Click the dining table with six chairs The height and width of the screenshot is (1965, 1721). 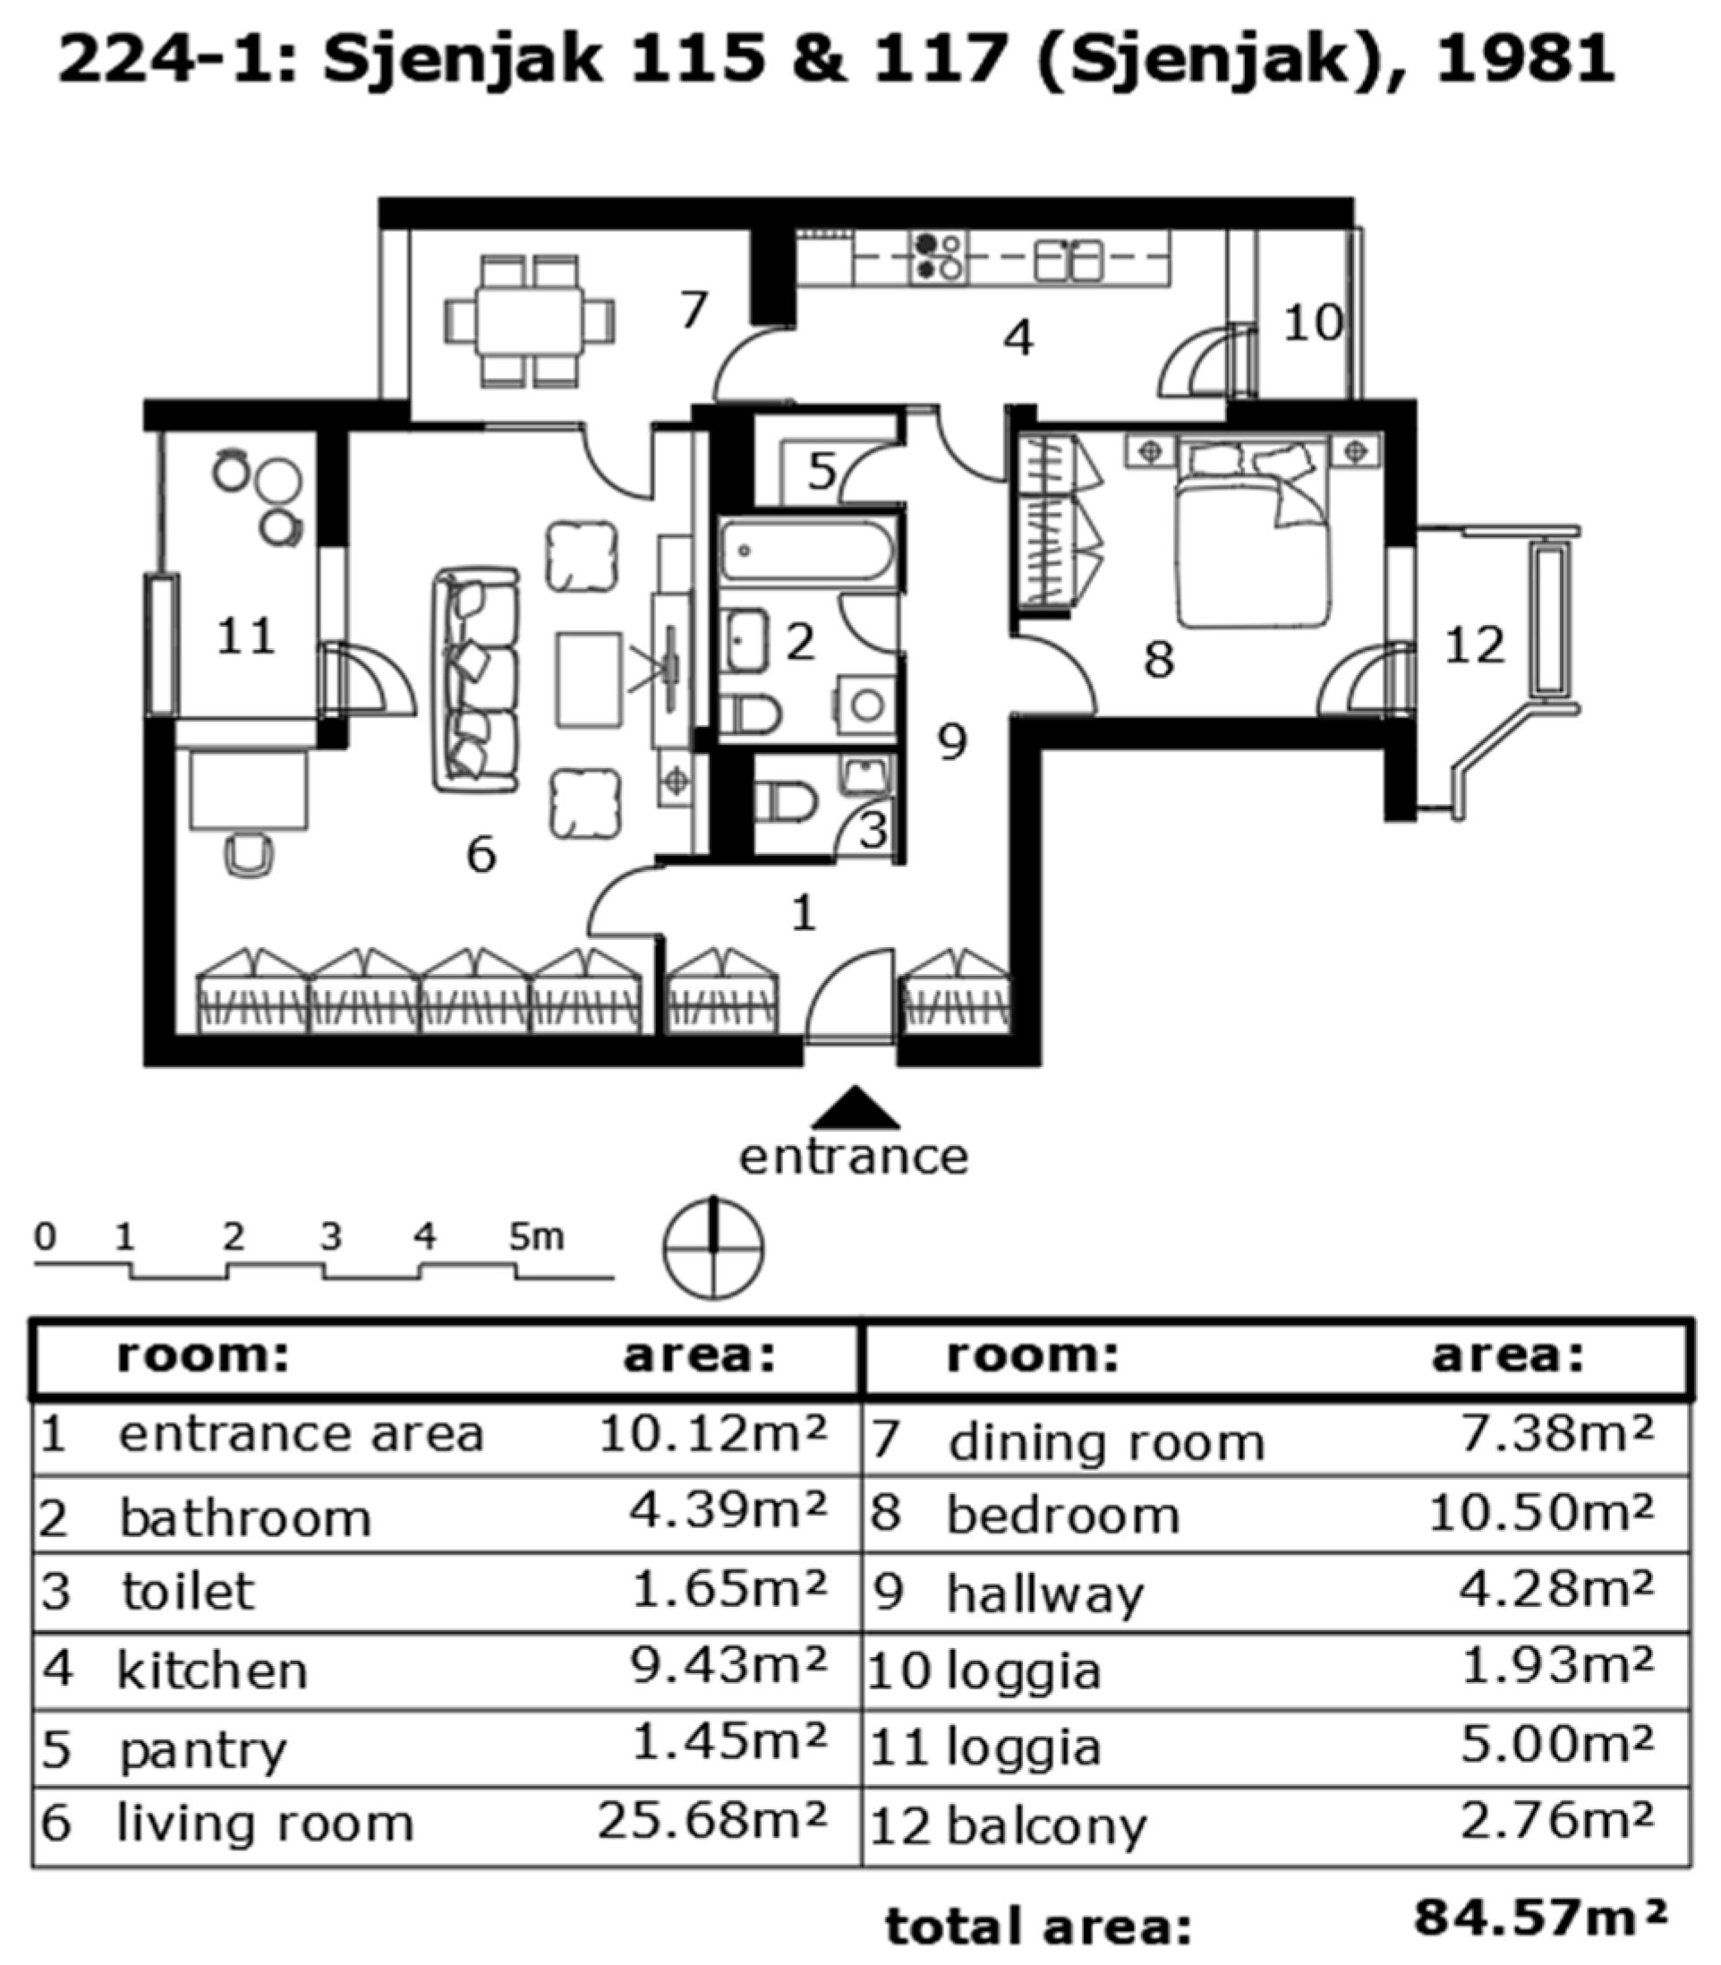coord(529,320)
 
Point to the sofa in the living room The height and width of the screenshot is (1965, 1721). coord(476,680)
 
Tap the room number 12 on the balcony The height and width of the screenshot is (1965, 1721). coord(1473,645)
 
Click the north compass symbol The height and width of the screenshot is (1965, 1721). coord(712,1249)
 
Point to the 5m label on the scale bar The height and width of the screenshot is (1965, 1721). coord(536,1237)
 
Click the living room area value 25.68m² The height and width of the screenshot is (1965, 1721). coord(711,1820)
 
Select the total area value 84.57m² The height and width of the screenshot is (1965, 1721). coord(1540,1918)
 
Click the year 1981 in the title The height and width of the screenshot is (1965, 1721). coord(1525,57)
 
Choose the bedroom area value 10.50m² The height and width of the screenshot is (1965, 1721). coord(1540,1513)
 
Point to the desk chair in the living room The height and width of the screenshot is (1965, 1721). coord(249,854)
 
